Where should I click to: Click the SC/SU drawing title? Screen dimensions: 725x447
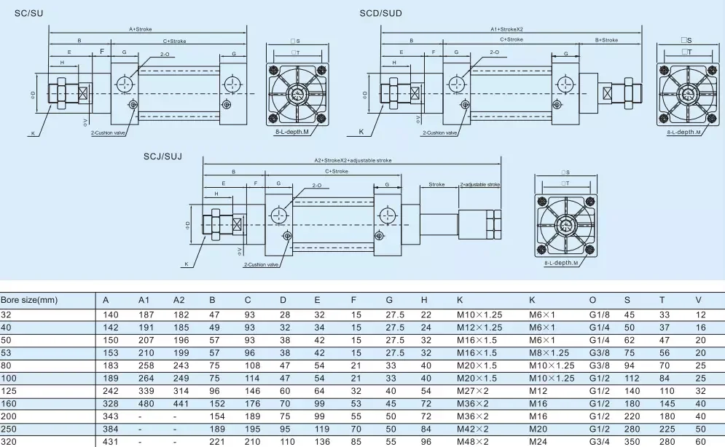(28, 13)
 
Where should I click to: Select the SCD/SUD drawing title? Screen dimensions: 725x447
(380, 13)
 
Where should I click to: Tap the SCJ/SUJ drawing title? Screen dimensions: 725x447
(162, 157)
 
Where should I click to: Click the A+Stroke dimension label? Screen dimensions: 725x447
(141, 29)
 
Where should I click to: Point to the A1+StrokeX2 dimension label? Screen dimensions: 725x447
(506, 29)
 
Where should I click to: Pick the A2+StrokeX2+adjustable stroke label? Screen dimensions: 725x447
(353, 160)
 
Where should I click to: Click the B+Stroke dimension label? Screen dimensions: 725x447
(607, 40)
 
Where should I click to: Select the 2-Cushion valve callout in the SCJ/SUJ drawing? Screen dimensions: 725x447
(262, 264)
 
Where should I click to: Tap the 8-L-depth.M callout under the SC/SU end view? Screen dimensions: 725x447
(291, 132)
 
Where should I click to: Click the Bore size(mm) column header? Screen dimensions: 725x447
(29, 300)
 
